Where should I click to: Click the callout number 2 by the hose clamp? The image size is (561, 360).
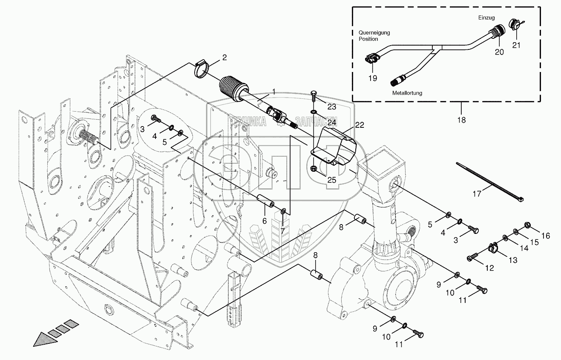coord(224,57)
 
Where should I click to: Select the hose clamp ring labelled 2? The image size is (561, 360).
coord(203,69)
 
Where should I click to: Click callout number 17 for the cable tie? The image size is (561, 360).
coord(477,194)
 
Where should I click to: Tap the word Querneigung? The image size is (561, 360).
coord(374,32)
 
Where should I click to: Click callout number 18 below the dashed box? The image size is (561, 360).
coord(461,120)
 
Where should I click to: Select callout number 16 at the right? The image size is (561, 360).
coord(546,236)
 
